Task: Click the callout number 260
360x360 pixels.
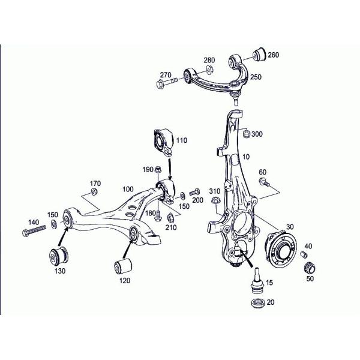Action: point(274,55)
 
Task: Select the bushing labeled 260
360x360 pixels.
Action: point(259,53)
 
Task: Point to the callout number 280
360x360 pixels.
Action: point(209,61)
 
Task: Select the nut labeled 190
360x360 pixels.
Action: point(158,170)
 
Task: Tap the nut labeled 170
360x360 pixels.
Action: point(94,192)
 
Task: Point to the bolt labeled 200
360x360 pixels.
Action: point(194,193)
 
